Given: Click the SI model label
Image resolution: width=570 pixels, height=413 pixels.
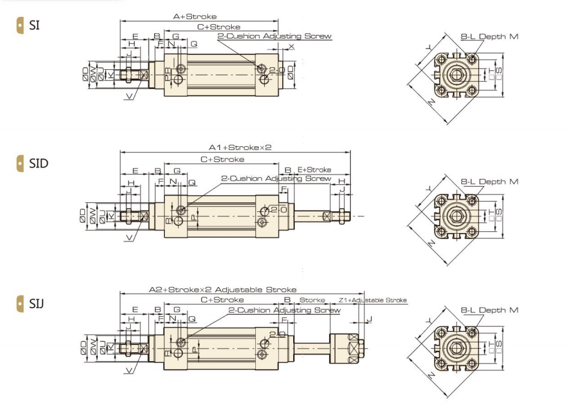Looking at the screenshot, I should (34, 25).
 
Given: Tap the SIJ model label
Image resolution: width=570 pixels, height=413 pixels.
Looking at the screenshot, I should (37, 302).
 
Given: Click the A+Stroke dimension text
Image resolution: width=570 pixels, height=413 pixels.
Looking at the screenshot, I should (195, 17).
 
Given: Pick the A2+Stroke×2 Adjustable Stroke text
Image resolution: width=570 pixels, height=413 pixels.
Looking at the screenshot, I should (223, 290).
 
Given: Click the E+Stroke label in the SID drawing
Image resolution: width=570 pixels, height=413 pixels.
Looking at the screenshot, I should (314, 170).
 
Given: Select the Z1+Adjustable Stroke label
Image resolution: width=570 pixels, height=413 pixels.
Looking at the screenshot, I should (373, 300).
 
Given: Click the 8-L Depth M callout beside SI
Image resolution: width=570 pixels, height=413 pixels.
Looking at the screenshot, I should (489, 37).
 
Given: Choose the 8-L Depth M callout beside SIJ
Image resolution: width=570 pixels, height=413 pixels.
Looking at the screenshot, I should (489, 310).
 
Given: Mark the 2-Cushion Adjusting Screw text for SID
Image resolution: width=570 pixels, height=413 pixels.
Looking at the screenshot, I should (276, 179).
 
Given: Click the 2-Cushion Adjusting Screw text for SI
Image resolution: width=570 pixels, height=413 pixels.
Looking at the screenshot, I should (274, 36).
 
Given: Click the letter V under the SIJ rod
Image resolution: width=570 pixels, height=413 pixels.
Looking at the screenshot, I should (129, 370).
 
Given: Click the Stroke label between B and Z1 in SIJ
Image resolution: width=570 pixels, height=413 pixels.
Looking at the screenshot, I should (312, 300).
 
